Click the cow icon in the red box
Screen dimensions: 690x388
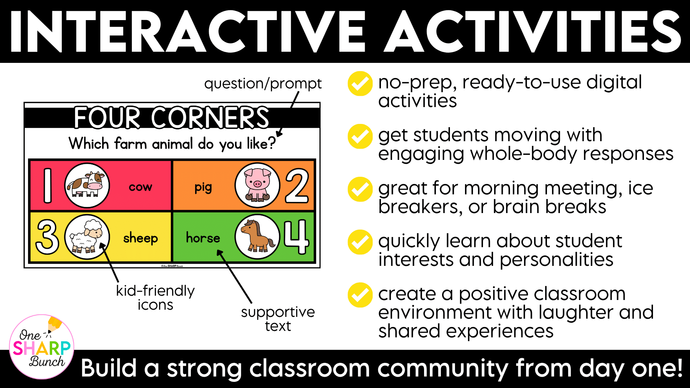(87, 185)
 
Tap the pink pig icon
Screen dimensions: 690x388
(257, 185)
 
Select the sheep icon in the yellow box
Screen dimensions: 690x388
(87, 237)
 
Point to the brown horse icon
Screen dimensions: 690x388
(257, 237)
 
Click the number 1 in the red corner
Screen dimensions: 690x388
(47, 185)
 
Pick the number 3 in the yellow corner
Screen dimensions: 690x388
(47, 237)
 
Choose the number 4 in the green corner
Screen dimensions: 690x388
(296, 237)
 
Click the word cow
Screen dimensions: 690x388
(141, 187)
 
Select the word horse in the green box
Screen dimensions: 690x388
(203, 237)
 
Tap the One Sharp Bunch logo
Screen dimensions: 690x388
(42, 347)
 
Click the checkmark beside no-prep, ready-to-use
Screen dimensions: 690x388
(360, 84)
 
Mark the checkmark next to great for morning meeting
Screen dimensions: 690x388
(360, 189)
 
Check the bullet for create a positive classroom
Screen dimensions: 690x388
(360, 295)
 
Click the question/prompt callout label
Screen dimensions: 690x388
(263, 84)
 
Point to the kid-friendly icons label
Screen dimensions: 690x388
(155, 297)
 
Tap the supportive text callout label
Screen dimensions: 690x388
(278, 319)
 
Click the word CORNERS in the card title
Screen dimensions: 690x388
(210, 117)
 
